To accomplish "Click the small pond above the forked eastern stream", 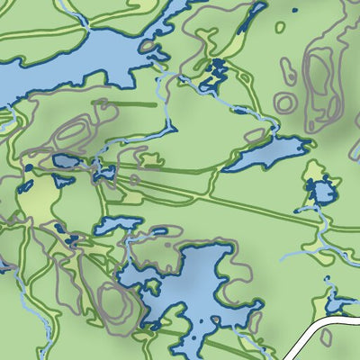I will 321,192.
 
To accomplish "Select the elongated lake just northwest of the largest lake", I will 118,223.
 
